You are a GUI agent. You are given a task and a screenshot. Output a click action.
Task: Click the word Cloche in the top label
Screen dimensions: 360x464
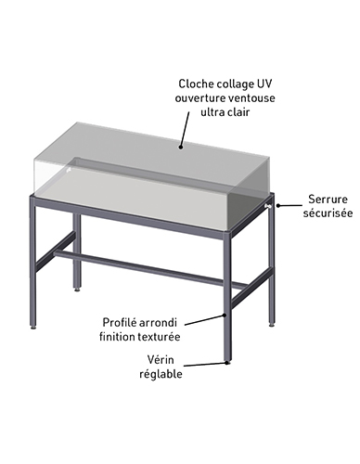point(192,84)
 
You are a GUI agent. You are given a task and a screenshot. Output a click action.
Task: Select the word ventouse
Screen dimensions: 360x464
point(251,98)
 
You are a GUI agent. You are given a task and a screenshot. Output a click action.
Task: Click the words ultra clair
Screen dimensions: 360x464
point(225,112)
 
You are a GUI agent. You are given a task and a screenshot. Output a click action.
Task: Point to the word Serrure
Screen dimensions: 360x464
point(328,200)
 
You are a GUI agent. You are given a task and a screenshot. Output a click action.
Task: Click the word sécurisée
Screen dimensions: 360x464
point(328,213)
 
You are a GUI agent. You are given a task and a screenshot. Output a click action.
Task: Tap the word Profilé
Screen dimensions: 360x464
point(119,323)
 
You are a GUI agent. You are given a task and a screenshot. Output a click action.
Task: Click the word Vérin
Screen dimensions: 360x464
point(161,360)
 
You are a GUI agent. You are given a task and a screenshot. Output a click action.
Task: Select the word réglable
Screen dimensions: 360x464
point(161,374)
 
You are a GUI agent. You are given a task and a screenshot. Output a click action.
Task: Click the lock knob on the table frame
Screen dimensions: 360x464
point(268,206)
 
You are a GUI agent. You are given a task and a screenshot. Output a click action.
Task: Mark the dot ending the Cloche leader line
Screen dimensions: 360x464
point(180,148)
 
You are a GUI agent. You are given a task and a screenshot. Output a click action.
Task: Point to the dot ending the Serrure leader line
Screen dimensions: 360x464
point(278,205)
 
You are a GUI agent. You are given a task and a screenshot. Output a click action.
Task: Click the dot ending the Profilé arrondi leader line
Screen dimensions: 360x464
point(225,316)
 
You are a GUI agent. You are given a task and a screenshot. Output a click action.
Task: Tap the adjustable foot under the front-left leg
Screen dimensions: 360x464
point(33,326)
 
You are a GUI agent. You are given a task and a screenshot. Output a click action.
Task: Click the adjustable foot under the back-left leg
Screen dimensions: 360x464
point(77,290)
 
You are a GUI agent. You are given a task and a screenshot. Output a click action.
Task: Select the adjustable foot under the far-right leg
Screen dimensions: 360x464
point(272,325)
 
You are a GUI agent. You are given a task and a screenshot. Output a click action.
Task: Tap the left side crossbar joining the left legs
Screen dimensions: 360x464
point(56,251)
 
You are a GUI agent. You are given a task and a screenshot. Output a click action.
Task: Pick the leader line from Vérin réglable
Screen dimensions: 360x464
point(203,365)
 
